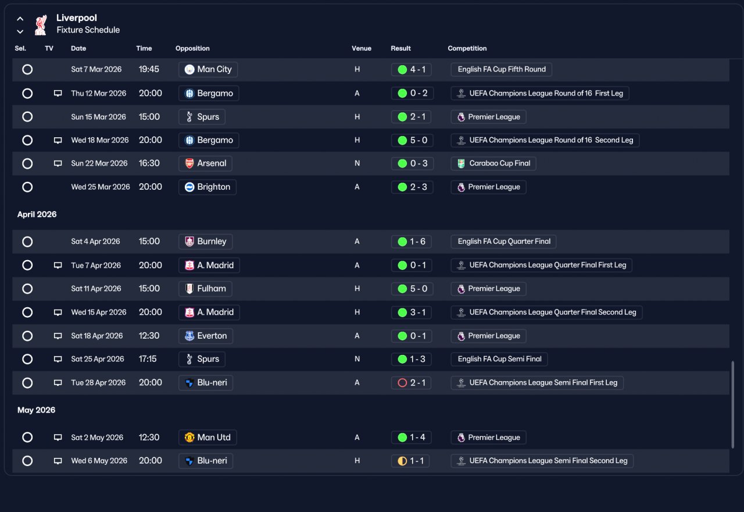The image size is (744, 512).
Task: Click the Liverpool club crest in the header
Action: (x=41, y=24)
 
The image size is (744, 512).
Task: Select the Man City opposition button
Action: (x=208, y=69)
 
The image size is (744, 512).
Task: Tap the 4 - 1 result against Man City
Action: (x=411, y=69)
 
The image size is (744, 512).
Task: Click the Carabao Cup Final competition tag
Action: (x=493, y=163)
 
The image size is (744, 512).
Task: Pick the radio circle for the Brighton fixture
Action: (x=27, y=187)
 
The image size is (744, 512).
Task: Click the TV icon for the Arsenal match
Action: (x=58, y=163)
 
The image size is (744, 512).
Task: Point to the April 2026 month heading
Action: (x=37, y=215)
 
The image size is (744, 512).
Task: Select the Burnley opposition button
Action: (x=205, y=241)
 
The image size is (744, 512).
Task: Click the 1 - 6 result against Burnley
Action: (x=411, y=241)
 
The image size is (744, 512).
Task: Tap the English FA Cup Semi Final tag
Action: (x=499, y=359)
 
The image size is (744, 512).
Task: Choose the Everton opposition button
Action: (x=206, y=336)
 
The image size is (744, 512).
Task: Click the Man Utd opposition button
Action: (x=208, y=438)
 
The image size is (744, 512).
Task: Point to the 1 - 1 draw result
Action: (x=410, y=461)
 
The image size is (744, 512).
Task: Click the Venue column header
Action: (x=362, y=48)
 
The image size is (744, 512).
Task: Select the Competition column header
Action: (x=467, y=48)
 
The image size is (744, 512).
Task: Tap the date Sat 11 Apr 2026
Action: (x=96, y=289)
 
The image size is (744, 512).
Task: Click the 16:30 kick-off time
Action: (x=149, y=163)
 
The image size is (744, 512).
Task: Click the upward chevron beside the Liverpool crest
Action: (x=20, y=19)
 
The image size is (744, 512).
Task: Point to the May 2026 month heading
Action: (x=36, y=410)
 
